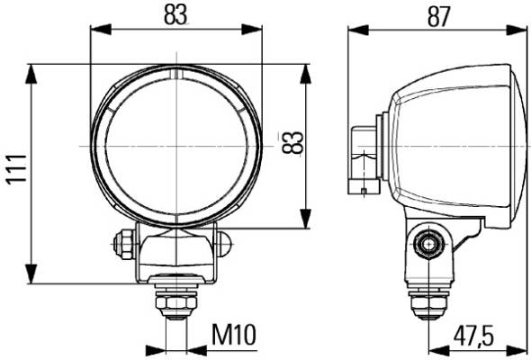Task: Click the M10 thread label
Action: point(234,334)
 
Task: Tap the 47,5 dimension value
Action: point(473,336)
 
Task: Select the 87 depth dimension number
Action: point(439,16)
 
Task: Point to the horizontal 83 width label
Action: point(175,15)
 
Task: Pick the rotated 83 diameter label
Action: point(292,142)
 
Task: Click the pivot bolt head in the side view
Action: point(429,244)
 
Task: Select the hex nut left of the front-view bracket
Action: point(123,244)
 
